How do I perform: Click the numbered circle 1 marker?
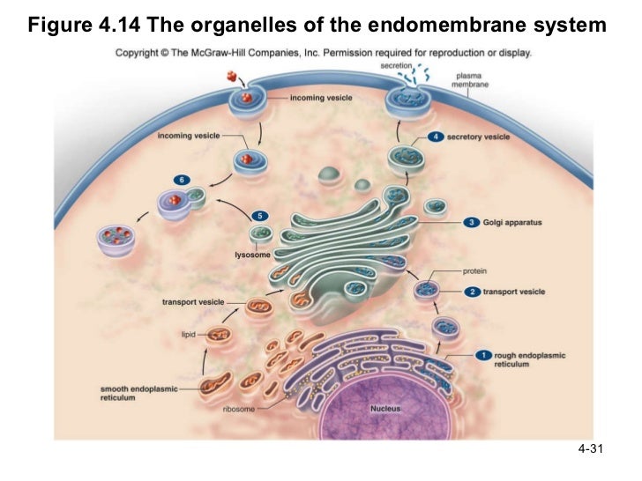click(482, 354)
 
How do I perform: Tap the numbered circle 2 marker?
click(473, 292)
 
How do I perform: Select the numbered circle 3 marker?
click(473, 222)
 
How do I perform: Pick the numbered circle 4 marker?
click(435, 137)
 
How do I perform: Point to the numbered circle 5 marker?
click(259, 215)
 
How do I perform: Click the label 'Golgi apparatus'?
click(512, 222)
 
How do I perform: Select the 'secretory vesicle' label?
click(479, 137)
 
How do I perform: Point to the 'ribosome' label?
click(239, 409)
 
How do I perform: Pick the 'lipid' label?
click(188, 335)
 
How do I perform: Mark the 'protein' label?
click(475, 271)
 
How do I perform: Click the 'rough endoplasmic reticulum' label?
click(530, 359)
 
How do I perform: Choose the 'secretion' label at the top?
click(397, 65)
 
